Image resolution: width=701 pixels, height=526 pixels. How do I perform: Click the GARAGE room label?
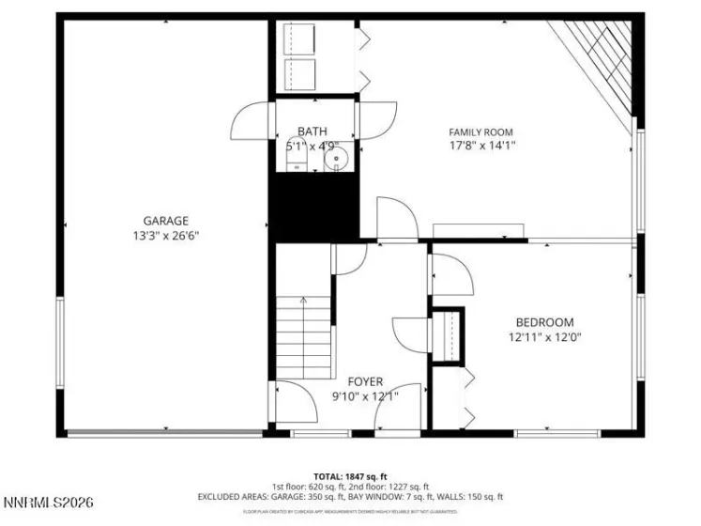165,221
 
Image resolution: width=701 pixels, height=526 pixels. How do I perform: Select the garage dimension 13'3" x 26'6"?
165,236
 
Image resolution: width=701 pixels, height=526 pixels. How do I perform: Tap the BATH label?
312,131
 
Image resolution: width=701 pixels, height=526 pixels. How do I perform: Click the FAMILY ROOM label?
480,132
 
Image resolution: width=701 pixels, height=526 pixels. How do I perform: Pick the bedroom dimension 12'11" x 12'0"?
544,336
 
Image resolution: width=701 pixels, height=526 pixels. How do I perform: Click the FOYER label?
365,381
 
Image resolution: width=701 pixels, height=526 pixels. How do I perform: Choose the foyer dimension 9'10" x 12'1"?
365,395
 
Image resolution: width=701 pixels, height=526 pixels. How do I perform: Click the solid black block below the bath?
314,207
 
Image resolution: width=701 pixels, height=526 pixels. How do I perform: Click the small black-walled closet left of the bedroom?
448,334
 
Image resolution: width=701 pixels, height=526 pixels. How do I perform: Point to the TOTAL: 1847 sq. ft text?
350,475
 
